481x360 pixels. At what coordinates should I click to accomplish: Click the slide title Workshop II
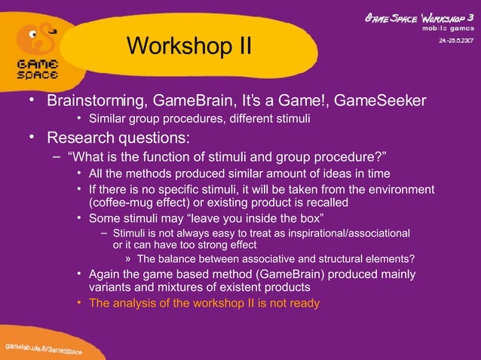pos(188,47)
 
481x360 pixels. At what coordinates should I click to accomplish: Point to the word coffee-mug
pos(124,203)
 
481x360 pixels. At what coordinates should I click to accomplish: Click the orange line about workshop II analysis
pos(204,304)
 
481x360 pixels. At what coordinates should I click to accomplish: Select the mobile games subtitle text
pos(438,28)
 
